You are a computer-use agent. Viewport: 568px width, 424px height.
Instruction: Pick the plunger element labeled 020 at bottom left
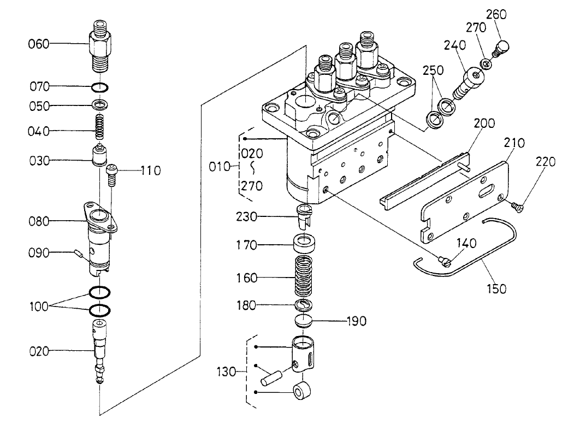pyautogui.click(x=100, y=352)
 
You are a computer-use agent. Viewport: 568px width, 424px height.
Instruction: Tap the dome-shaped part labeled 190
pyautogui.click(x=301, y=321)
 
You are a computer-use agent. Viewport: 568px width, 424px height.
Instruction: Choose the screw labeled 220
pyautogui.click(x=517, y=205)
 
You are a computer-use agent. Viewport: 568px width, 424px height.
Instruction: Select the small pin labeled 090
pyautogui.click(x=80, y=253)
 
